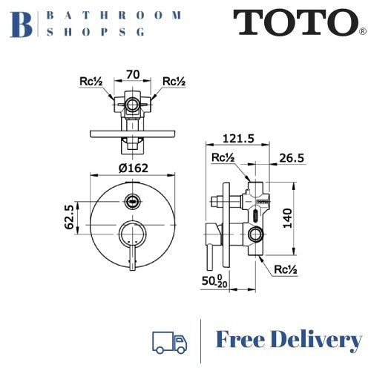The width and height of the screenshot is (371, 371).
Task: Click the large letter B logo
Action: [23, 22]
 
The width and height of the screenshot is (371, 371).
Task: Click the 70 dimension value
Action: [134, 74]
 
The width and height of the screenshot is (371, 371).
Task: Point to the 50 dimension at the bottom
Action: [213, 283]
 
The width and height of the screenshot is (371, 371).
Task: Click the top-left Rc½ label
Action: [94, 81]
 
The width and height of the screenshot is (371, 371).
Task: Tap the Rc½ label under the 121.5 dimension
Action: [222, 158]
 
